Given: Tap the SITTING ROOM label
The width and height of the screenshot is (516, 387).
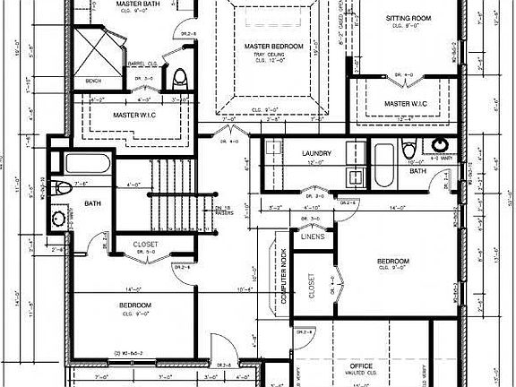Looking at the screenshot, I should pyautogui.click(x=409, y=18).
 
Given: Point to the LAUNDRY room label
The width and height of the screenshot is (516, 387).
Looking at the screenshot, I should pyautogui.click(x=317, y=153).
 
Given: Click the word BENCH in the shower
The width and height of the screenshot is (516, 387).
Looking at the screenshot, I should pyautogui.click(x=93, y=81).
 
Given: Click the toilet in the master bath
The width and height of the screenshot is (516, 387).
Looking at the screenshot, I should pyautogui.click(x=179, y=77).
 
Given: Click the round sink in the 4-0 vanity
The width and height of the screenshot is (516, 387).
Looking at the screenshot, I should pyautogui.click(x=441, y=145).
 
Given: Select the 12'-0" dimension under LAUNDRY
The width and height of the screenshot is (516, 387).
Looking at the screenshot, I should pyautogui.click(x=317, y=163).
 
